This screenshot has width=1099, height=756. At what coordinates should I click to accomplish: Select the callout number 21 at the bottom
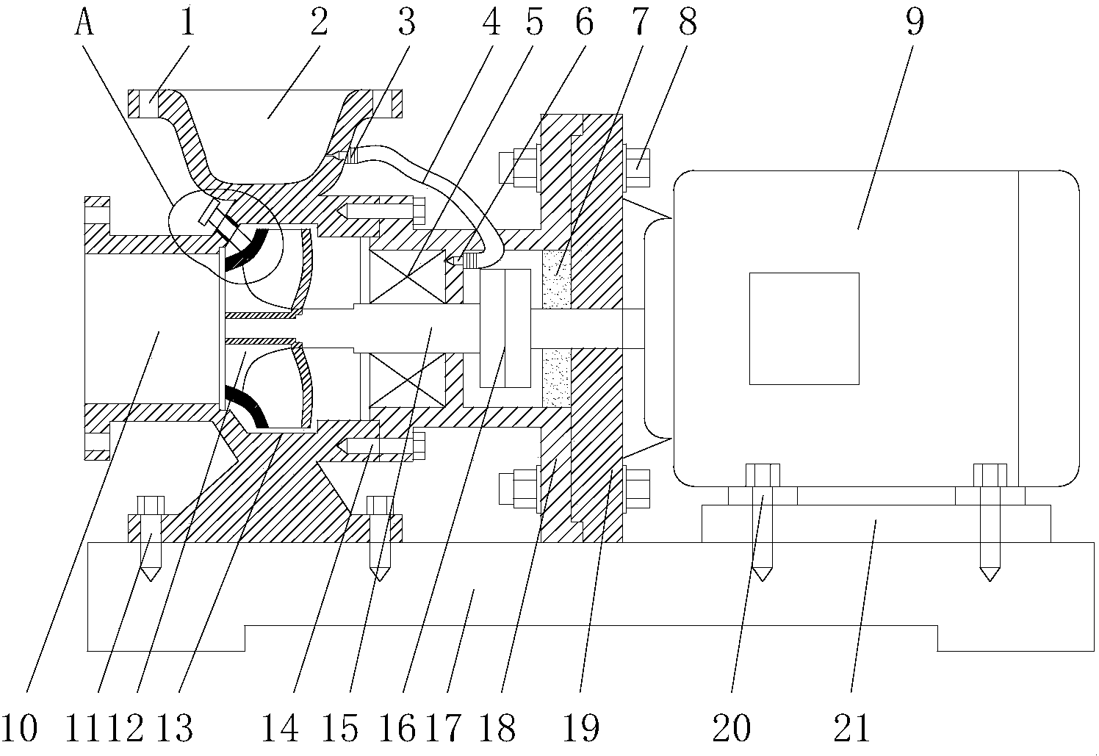coord(851,728)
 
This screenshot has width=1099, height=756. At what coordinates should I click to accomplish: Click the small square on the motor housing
coord(804,328)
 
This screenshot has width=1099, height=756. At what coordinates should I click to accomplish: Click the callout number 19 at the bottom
coord(582,728)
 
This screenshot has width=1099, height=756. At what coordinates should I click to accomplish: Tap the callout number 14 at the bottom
coord(281,728)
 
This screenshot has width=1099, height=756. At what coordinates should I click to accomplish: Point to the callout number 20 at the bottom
coord(732,728)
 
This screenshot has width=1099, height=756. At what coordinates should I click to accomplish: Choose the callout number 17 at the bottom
coord(445,728)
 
